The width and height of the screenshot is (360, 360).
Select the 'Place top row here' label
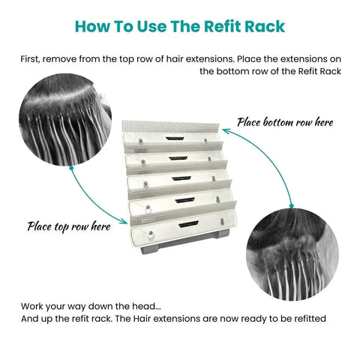[x=69, y=226]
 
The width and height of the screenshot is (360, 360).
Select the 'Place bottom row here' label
[x=285, y=122]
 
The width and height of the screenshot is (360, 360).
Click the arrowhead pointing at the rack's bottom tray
[x=124, y=221]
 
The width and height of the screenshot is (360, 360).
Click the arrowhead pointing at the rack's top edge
[x=226, y=130]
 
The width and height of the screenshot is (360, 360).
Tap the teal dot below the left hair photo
[x=71, y=168]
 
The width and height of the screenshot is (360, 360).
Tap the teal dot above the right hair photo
[x=291, y=206]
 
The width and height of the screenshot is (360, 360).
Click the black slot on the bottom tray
[x=189, y=223]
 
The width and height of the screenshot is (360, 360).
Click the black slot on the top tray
[x=175, y=138]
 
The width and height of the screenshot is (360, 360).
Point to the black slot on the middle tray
[x=181, y=178]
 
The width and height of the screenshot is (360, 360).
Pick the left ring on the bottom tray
[x=151, y=235]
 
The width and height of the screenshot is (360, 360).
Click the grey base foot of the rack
[x=185, y=242]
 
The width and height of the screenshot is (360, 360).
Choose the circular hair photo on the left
[x=65, y=119]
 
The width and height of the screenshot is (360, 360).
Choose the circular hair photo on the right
[x=292, y=254]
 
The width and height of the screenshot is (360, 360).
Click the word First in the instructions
[x=30, y=59]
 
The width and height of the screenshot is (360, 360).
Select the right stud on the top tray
[x=205, y=140]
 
